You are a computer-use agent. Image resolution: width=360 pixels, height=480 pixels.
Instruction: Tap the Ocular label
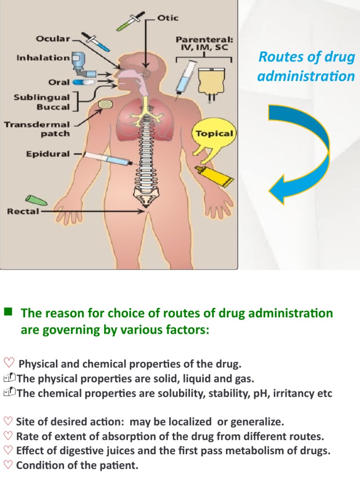click(x=53, y=39)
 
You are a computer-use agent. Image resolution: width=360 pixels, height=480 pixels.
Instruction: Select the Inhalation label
click(x=43, y=58)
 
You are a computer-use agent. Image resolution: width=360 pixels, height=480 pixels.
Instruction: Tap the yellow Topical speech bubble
click(x=213, y=134)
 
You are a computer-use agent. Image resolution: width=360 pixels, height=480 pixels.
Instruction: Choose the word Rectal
click(x=23, y=211)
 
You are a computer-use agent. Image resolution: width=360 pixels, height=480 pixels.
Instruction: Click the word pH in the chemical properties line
click(x=272, y=393)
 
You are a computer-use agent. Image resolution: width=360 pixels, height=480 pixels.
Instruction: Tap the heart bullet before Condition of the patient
click(x=8, y=465)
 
